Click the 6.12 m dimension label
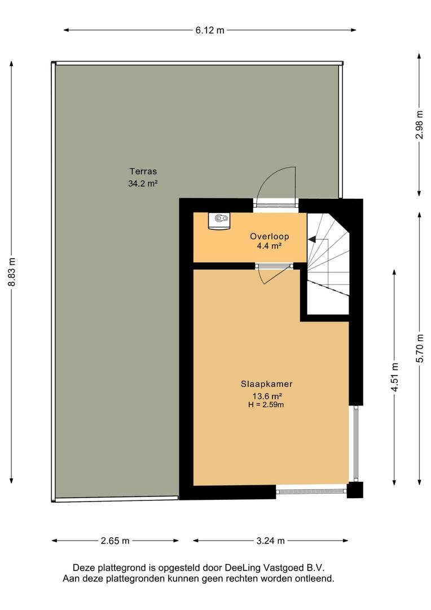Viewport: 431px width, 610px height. [x=210, y=30]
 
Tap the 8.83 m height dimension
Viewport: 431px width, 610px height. [x=12, y=272]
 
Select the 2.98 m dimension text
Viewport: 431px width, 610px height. [x=419, y=124]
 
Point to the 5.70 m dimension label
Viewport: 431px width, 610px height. [x=420, y=348]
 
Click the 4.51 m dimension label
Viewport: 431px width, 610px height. [x=395, y=377]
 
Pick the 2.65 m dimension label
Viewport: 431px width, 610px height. [x=115, y=541]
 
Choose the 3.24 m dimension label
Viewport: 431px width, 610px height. [x=270, y=541]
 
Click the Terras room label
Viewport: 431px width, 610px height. [x=143, y=171]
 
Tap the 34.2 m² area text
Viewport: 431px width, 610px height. [x=143, y=184]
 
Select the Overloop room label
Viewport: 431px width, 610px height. [x=269, y=236]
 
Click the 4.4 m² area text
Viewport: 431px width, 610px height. [x=269, y=246]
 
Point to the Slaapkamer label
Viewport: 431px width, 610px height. [x=267, y=384]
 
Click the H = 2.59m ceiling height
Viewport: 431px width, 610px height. [x=266, y=404]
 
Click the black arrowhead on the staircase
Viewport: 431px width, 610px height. [x=312, y=239]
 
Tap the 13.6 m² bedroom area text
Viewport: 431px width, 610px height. [x=267, y=396]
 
